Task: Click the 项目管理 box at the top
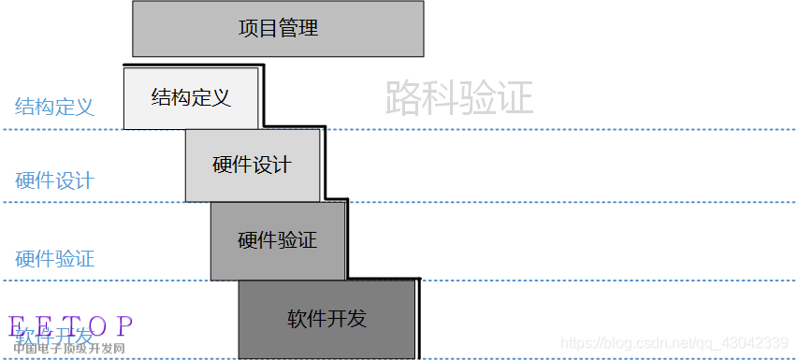pyautogui.click(x=278, y=29)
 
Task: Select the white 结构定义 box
pyautogui.click(x=191, y=97)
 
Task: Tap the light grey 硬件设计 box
pyautogui.click(x=252, y=166)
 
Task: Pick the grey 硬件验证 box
pyautogui.click(x=278, y=240)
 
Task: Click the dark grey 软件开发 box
pyautogui.click(x=326, y=319)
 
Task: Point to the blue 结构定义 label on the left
pyautogui.click(x=54, y=107)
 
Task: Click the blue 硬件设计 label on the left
pyautogui.click(x=54, y=180)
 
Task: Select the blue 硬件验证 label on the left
pyautogui.click(x=54, y=258)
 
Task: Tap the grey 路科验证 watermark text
pyautogui.click(x=459, y=97)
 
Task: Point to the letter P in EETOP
pyautogui.click(x=124, y=326)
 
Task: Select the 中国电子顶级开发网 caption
pyautogui.click(x=69, y=350)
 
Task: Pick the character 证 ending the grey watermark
pyautogui.click(x=515, y=97)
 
